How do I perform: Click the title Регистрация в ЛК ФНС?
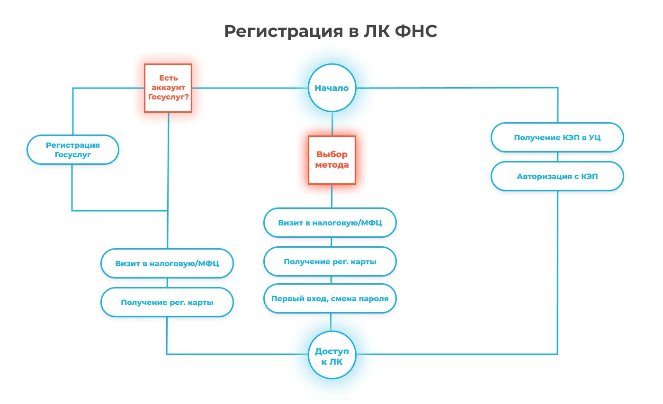(331, 31)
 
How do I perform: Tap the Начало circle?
(331, 88)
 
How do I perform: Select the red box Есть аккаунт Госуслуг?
(168, 88)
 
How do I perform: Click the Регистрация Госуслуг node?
(73, 150)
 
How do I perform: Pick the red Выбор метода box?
(331, 160)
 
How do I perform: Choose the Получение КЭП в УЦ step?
(557, 138)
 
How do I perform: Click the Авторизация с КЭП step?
(557, 177)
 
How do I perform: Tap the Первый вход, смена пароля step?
(330, 299)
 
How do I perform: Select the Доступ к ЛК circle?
(331, 355)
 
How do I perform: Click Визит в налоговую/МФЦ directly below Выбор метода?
(330, 223)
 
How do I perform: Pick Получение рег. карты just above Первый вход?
(330, 261)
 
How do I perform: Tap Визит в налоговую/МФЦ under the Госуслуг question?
(167, 263)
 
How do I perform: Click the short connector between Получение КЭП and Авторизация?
(557, 157)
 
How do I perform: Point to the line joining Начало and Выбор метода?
(331, 124)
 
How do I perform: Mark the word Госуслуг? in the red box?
(169, 97)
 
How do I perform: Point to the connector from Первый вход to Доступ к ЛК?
(331, 322)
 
